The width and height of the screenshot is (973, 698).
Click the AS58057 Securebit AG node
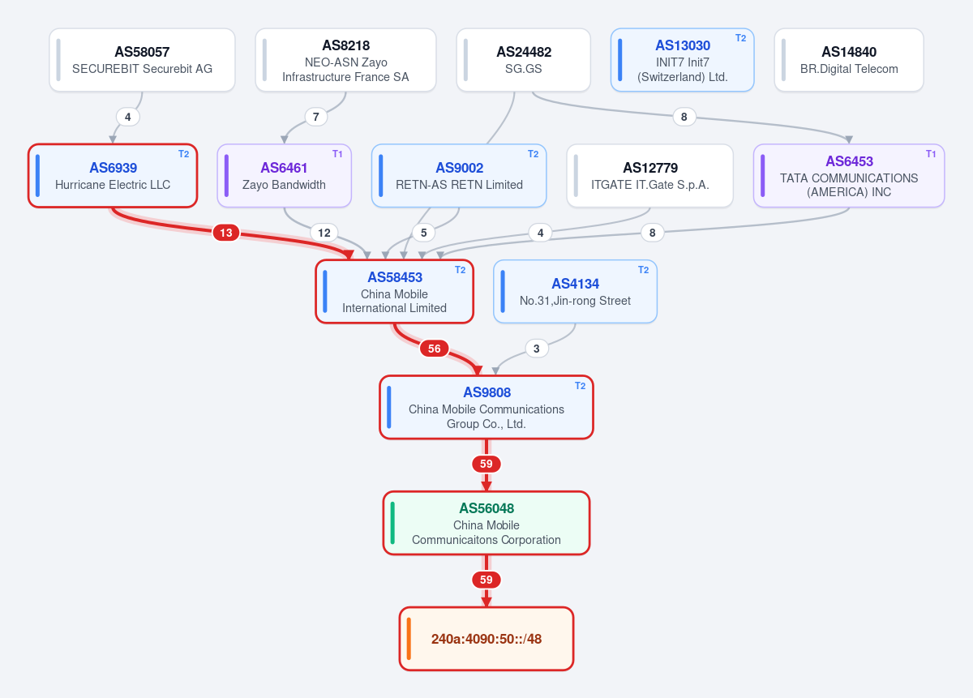142,60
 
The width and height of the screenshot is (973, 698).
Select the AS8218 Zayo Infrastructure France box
345,60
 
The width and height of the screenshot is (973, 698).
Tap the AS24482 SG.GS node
524,60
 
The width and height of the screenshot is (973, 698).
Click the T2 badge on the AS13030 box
740,38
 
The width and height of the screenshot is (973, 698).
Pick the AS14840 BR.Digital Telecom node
849,60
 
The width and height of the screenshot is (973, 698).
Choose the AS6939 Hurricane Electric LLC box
113,176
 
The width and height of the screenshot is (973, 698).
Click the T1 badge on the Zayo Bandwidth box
337,154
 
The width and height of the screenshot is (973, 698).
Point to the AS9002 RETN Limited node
459,176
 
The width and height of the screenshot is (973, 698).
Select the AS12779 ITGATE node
649,176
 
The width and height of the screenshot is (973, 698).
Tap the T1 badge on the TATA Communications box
931,154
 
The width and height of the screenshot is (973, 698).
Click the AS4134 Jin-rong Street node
575,292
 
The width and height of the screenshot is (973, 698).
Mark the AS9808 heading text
487,392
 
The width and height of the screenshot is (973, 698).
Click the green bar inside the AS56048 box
392,523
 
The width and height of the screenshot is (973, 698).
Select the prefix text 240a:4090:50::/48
486,639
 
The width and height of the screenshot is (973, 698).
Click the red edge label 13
226,233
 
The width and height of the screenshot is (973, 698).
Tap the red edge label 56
435,349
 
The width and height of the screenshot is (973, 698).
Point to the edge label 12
324,233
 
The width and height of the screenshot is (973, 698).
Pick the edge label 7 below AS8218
315,117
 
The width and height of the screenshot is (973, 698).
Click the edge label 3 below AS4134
537,349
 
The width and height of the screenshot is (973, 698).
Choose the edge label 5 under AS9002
423,233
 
